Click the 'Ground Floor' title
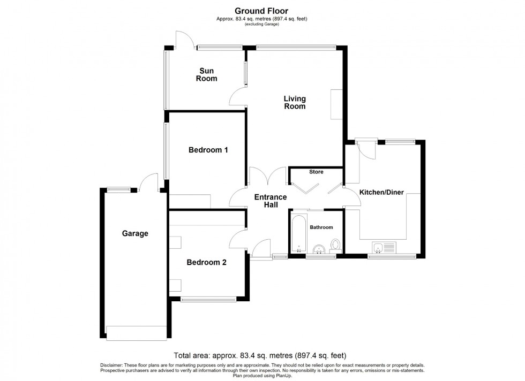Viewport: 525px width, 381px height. [x=262, y=10]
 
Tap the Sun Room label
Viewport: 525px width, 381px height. [x=207, y=75]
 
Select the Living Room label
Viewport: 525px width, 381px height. [x=295, y=102]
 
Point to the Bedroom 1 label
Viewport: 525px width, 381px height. [x=208, y=150]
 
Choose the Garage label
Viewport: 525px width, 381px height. [x=134, y=233]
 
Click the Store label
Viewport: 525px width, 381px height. [x=316, y=172]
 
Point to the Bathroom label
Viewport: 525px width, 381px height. [x=321, y=227]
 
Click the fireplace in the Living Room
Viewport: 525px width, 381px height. [x=336, y=105]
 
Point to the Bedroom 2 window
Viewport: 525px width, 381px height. [x=208, y=299]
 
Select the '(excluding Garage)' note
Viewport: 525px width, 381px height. [x=262, y=24]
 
